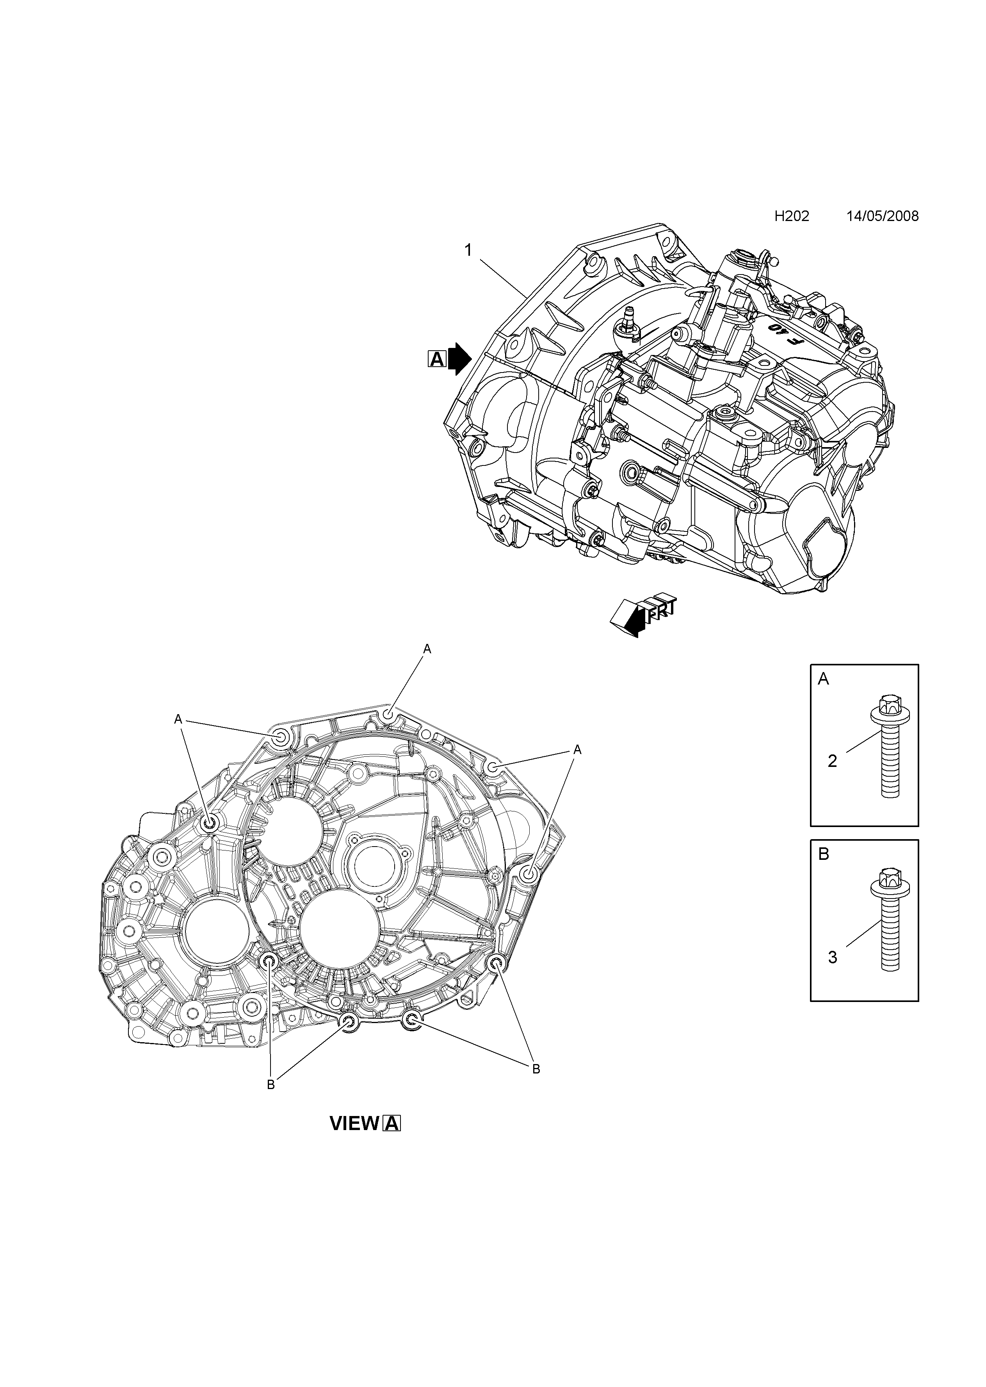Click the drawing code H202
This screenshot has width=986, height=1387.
click(792, 216)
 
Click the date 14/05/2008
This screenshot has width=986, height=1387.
click(883, 216)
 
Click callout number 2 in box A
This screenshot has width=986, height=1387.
click(832, 761)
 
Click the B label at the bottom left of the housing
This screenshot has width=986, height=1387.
click(271, 1085)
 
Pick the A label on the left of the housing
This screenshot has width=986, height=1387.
click(178, 719)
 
